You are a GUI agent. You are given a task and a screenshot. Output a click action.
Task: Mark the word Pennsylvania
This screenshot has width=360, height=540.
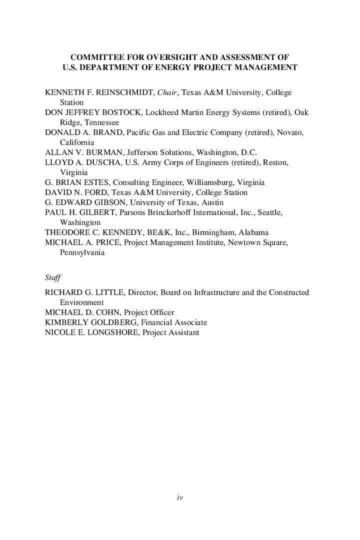(x=82, y=252)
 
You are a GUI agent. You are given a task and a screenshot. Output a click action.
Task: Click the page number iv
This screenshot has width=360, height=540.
(x=180, y=497)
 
